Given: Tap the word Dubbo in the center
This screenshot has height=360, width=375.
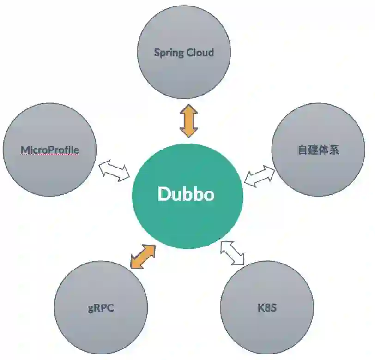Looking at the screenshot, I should point(186,194).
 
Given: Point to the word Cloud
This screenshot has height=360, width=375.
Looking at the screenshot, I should point(200,52).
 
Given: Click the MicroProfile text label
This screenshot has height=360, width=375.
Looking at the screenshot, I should point(49,150).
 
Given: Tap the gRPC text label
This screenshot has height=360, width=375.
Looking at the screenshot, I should point(101,308).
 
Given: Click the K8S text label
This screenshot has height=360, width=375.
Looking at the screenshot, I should point(267,307).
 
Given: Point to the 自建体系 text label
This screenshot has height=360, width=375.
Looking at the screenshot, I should point(318,150).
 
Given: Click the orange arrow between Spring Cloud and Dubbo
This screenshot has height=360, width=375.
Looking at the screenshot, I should point(188,121).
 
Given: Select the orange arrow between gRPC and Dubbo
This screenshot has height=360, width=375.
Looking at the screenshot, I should point(142,256).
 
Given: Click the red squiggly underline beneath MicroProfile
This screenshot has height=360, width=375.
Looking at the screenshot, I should point(49,155).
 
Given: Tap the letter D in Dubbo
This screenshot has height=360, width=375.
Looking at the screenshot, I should point(164,194).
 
